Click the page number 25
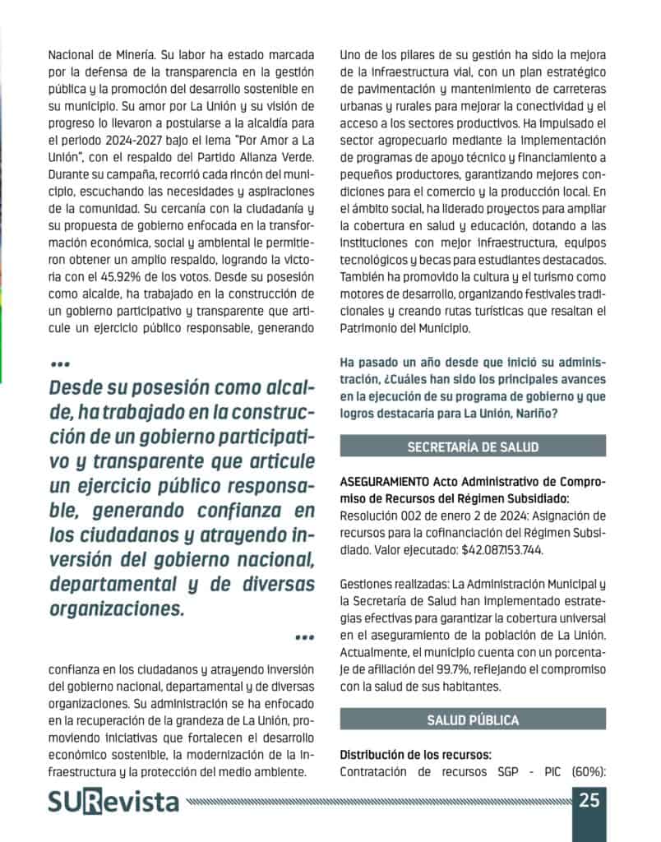(x=589, y=799)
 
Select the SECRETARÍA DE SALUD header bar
(x=473, y=446)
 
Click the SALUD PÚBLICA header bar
(x=473, y=720)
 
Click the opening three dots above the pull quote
(x=59, y=363)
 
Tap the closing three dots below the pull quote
(x=303, y=637)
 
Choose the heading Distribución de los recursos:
(x=415, y=754)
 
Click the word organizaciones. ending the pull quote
(x=117, y=609)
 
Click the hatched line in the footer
(x=378, y=800)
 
